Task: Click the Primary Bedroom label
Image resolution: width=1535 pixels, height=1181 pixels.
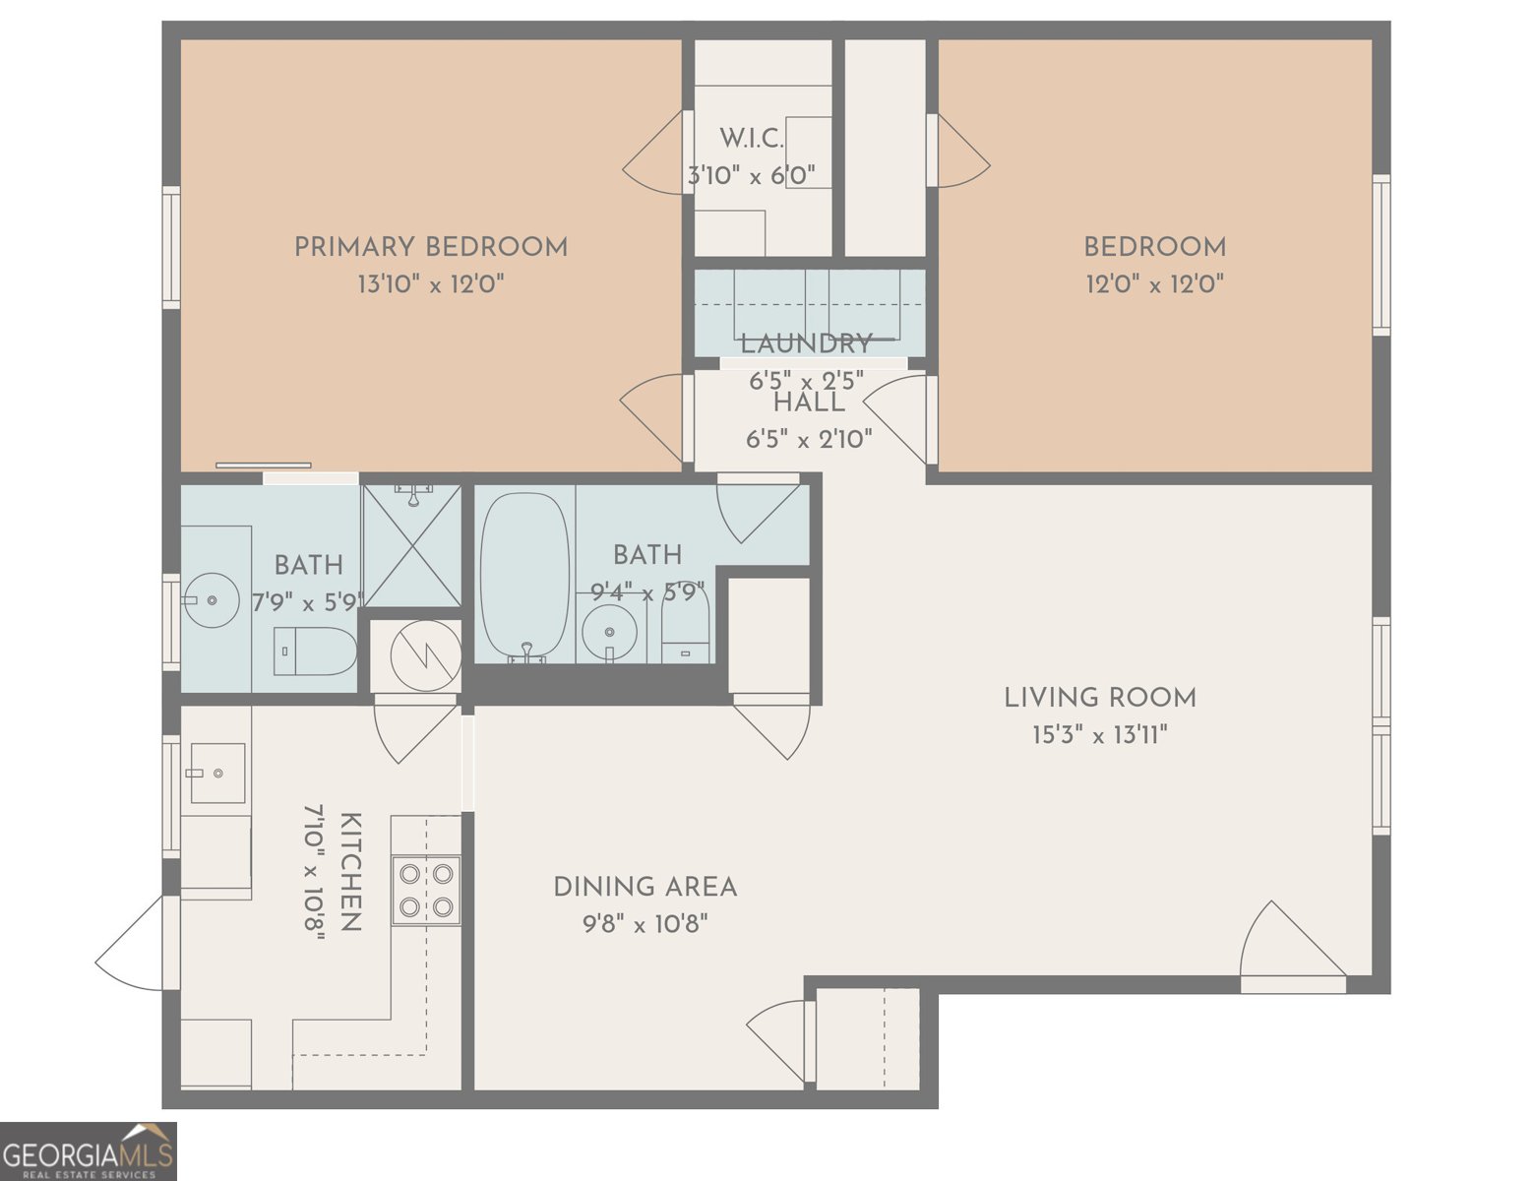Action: (x=431, y=247)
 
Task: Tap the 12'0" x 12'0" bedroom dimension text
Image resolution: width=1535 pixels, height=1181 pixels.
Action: (x=1154, y=284)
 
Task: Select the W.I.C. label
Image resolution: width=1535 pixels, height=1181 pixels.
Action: (x=752, y=139)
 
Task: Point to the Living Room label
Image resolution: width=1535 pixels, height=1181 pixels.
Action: (x=1100, y=698)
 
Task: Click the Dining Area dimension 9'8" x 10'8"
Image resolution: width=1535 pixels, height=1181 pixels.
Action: (x=645, y=924)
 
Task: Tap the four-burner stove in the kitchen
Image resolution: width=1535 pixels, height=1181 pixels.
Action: (x=426, y=890)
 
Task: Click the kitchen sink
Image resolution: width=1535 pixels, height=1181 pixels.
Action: (x=217, y=773)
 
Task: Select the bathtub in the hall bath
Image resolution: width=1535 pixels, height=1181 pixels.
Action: (x=524, y=577)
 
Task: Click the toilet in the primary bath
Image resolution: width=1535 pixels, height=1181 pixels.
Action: (x=315, y=651)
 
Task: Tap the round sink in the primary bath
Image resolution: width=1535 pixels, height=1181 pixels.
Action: (x=211, y=600)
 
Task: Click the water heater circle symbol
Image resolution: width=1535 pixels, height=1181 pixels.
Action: (x=426, y=655)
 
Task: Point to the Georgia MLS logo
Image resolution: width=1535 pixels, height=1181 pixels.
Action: (x=89, y=1151)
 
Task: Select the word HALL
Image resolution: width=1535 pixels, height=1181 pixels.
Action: (x=809, y=403)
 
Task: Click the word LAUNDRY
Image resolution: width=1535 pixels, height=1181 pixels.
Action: (x=807, y=344)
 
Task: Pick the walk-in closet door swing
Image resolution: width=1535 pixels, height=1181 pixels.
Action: (x=653, y=152)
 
